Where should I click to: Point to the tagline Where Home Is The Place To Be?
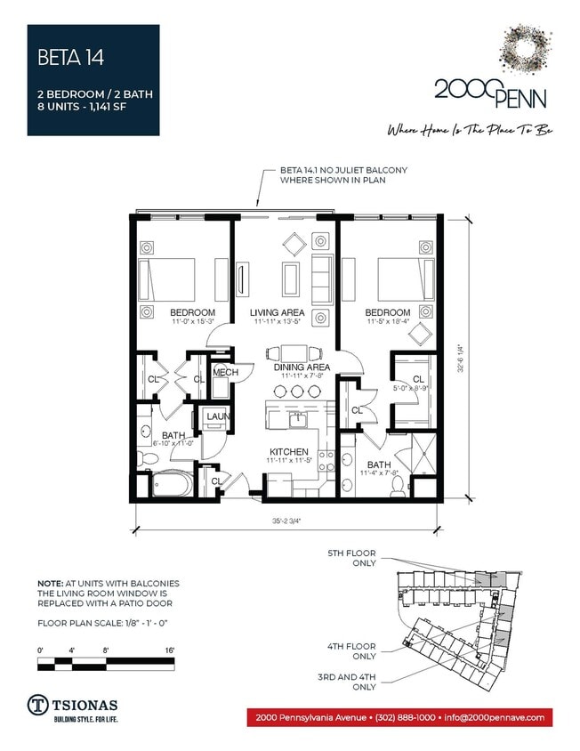click(470, 130)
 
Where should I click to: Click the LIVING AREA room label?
click(277, 312)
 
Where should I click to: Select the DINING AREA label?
click(302, 367)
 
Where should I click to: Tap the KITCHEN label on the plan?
click(290, 452)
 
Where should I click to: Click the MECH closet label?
click(224, 373)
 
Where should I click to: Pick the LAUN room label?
click(219, 416)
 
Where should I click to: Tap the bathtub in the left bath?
click(170, 485)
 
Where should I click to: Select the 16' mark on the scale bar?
click(168, 650)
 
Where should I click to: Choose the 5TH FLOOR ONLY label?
click(351, 558)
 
